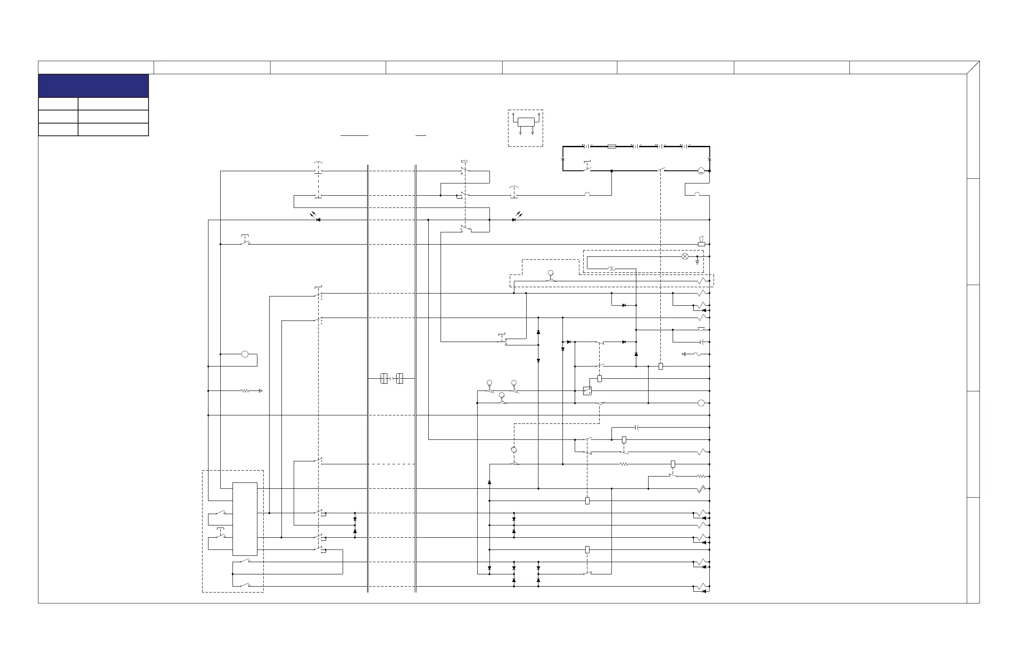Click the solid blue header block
93,86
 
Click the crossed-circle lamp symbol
685,256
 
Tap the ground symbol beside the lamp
697,261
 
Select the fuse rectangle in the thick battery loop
611,147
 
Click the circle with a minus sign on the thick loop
701,171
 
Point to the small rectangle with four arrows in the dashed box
526,122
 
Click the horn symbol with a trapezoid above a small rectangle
701,242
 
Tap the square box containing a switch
587,391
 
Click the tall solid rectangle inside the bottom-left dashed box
245,519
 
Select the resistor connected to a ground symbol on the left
246,391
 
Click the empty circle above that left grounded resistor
245,354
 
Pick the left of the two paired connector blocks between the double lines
384,379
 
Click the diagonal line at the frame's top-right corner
973,67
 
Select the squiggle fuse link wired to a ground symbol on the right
697,354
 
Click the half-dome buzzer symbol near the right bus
701,329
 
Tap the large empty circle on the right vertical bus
701,404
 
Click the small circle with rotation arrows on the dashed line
514,450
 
